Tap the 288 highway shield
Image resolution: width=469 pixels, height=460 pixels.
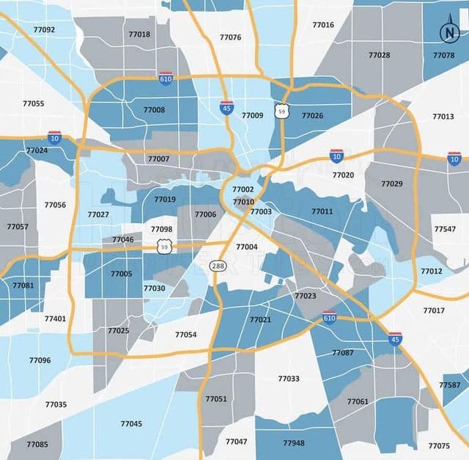point(218,265)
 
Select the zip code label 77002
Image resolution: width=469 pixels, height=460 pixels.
point(243,190)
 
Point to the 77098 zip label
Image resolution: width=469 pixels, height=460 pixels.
point(162,230)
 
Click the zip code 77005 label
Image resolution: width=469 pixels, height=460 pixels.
point(121,274)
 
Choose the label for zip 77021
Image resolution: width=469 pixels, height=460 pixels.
point(259,319)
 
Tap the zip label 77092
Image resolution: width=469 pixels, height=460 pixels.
point(44,30)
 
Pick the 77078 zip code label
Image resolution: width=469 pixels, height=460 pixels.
point(443,56)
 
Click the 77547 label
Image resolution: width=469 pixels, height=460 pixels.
point(444,229)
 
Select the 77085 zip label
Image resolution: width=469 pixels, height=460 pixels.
point(37,445)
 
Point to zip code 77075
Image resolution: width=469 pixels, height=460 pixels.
point(439,445)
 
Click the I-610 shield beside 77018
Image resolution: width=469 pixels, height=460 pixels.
point(166,78)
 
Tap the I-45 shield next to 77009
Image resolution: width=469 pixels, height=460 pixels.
point(227,108)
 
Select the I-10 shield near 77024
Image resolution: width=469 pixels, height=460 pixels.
point(54,137)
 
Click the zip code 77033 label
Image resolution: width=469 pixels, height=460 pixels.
point(289,379)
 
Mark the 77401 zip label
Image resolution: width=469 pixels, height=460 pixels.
point(55,318)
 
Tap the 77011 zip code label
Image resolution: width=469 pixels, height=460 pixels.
point(322,211)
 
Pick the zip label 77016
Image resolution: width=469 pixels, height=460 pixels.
point(322,25)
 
